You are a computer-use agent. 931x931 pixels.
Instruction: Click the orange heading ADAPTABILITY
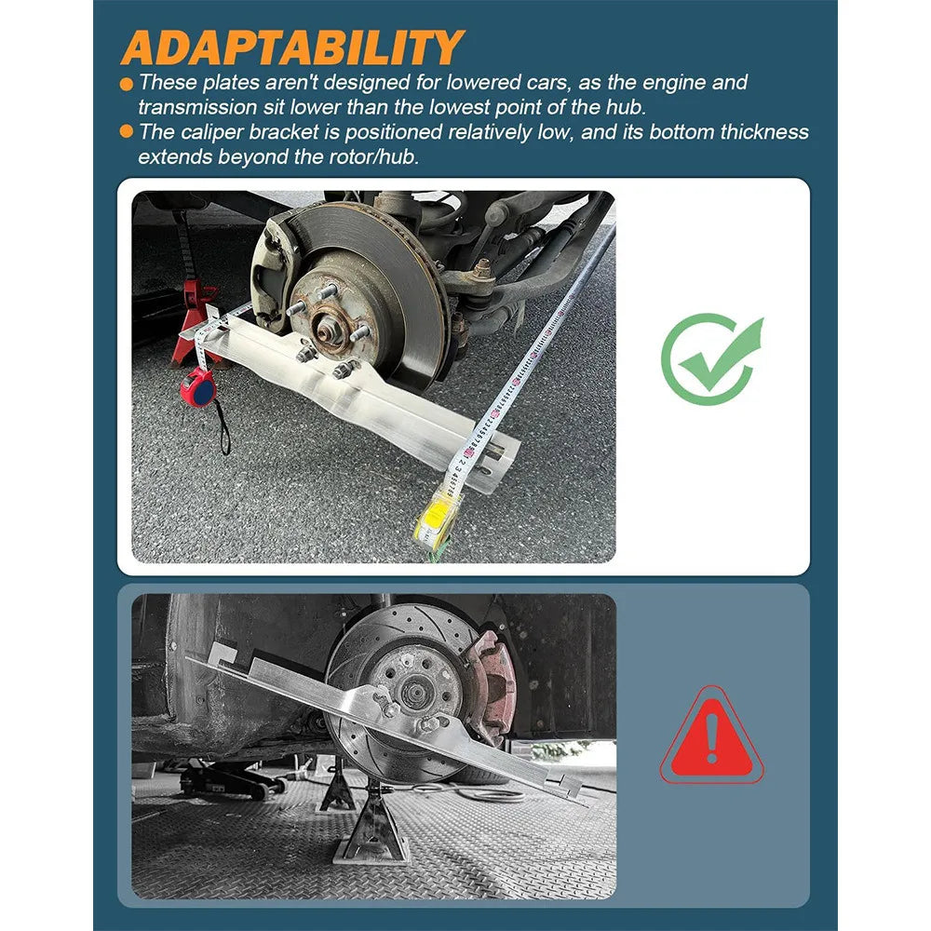coord(292,47)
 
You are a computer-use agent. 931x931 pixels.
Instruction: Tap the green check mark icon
coord(712,359)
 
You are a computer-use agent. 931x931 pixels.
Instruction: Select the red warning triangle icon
coord(712,735)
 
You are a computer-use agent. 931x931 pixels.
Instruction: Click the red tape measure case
coord(197,386)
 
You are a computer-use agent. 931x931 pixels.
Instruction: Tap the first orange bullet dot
coord(127,83)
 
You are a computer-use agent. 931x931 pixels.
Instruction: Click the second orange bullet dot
coord(127,131)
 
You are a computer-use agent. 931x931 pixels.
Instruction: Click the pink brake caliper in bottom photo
coord(492,686)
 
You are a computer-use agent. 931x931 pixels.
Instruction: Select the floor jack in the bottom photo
coord(232,779)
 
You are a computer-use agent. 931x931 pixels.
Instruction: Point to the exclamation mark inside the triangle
coord(712,738)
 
